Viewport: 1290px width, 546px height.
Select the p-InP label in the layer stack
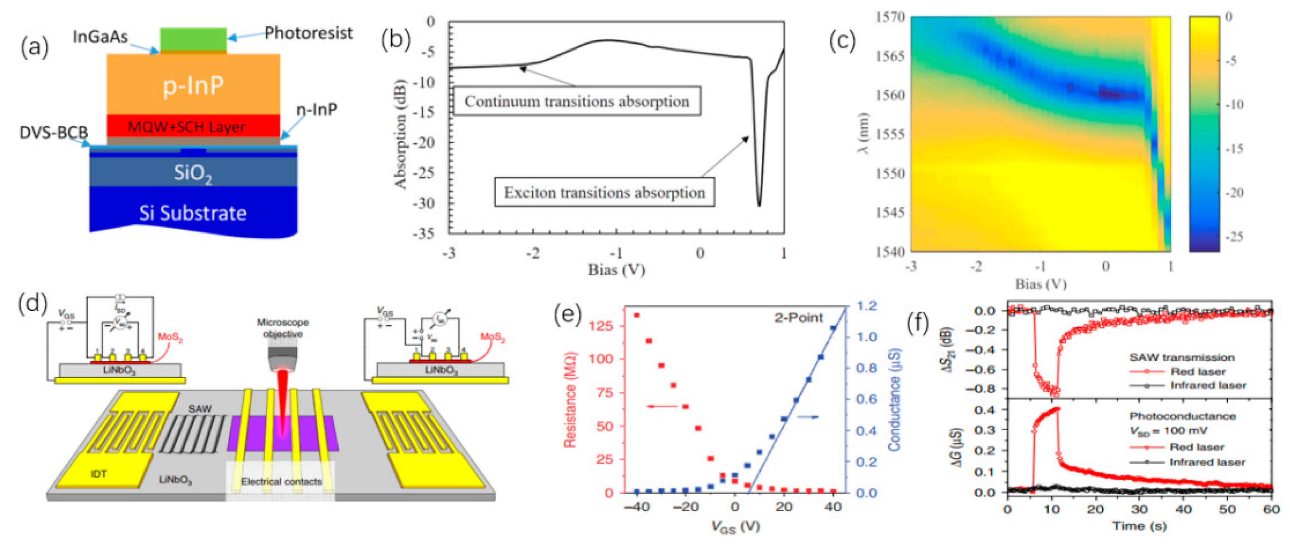[193, 86]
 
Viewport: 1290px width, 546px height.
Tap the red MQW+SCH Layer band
[193, 126]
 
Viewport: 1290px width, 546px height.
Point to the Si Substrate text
[193, 213]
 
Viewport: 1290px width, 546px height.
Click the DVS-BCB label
[53, 133]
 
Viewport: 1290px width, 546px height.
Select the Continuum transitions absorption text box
[576, 102]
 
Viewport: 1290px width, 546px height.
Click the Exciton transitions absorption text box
[604, 192]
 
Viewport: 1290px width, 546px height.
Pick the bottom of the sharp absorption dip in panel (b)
[759, 204]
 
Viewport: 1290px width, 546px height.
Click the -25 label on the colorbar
[1234, 236]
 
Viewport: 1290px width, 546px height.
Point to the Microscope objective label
[282, 328]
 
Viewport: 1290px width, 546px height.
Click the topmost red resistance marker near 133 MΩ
[637, 315]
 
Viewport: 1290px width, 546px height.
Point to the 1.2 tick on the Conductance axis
[866, 306]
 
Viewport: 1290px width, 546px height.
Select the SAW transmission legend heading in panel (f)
[1181, 357]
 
